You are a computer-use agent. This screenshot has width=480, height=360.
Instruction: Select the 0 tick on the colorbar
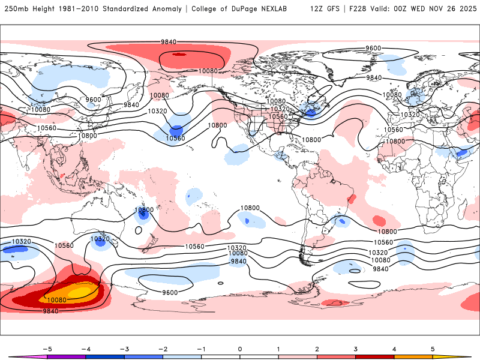coord(239,348)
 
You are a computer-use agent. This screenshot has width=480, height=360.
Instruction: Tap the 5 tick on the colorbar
coord(433,348)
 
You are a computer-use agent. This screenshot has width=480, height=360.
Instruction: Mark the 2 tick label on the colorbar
coord(317,348)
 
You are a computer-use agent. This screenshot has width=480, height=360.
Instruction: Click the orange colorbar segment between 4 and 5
coord(413,356)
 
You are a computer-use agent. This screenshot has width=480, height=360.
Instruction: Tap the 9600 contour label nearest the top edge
coord(373,48)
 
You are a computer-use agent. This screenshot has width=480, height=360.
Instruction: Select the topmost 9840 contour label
coord(168,41)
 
